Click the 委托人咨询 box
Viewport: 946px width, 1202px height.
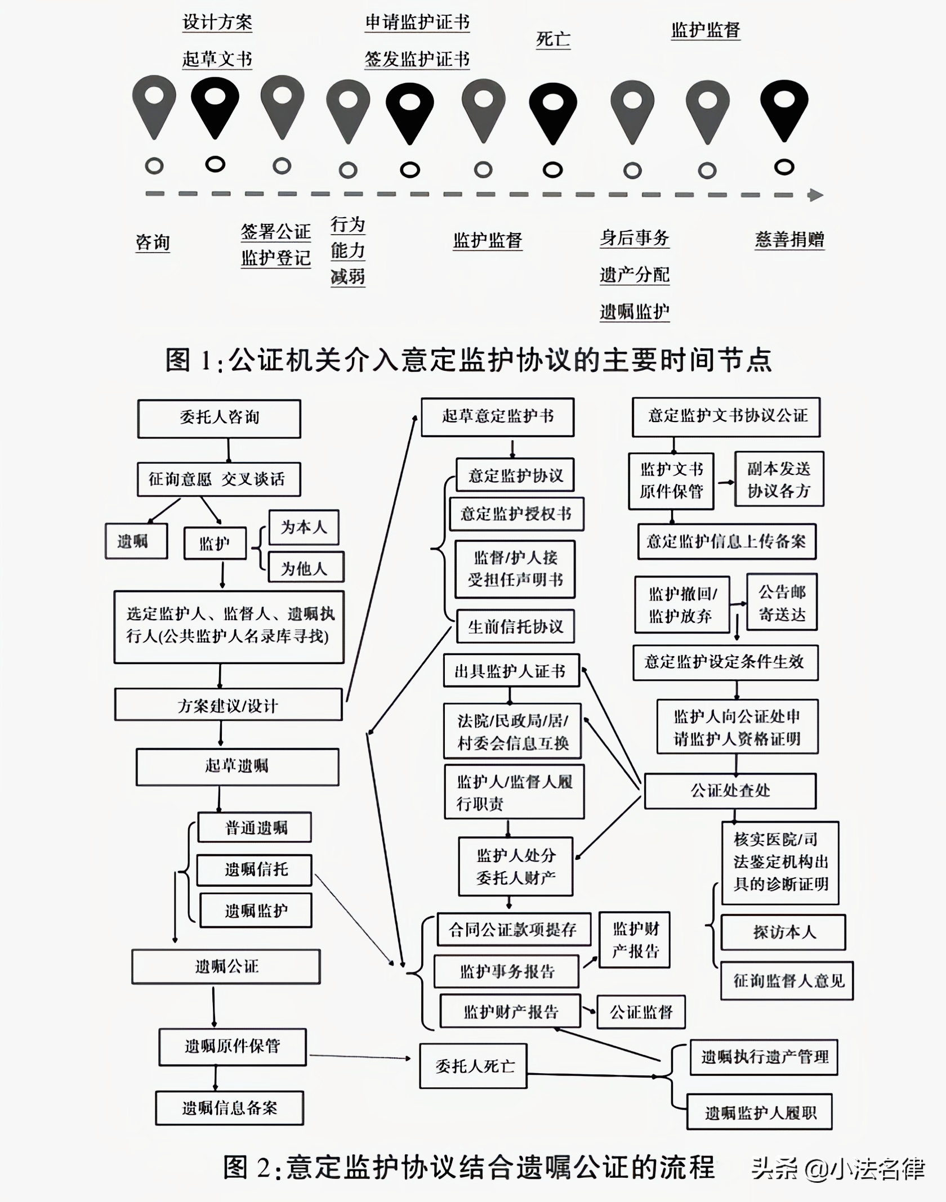(219, 418)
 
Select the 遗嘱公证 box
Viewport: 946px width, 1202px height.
(226, 967)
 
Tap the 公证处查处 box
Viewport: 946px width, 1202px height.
(730, 791)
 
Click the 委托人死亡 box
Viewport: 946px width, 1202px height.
(473, 1066)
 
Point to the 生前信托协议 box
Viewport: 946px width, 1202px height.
(515, 626)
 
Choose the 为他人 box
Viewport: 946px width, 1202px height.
(304, 568)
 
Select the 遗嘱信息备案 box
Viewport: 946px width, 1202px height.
(229, 1108)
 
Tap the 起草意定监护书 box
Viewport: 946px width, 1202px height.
(497, 417)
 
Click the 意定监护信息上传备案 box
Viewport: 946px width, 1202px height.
(726, 541)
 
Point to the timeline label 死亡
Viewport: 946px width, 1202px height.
(553, 39)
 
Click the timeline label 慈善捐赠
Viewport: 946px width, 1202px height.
(789, 240)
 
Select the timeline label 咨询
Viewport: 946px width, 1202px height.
(153, 243)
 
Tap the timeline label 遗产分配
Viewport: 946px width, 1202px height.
(635, 275)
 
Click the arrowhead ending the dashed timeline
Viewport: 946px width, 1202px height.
(815, 195)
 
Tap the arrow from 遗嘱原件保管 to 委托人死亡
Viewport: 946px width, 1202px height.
(360, 1057)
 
